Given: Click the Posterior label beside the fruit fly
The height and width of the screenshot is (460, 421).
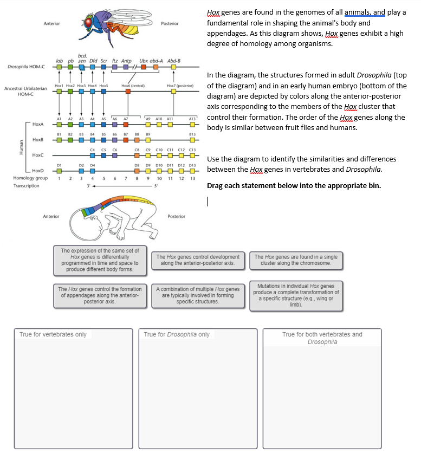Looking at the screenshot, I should pos(170,24).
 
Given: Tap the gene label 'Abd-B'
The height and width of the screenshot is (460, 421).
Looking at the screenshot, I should pos(174,61).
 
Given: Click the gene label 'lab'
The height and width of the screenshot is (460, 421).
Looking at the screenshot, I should pos(60,61).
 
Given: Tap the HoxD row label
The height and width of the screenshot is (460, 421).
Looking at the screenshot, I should pos(38,171).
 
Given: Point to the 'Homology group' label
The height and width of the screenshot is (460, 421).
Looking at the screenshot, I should pos(30,178).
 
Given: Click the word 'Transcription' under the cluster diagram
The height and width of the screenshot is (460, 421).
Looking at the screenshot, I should pos(27,186).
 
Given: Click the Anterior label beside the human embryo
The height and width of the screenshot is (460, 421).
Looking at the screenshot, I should pos(51,216).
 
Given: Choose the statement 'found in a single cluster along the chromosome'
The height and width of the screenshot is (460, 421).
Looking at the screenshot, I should pos(296,260).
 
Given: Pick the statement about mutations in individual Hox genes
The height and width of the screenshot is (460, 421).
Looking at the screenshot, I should pos(296,295).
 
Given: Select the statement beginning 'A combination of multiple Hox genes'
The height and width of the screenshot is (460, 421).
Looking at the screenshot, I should pos(198,295).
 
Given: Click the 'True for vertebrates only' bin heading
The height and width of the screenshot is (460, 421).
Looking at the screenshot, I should pos(53,334).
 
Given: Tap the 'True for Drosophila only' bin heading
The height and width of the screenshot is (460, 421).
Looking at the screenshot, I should pos(177,334).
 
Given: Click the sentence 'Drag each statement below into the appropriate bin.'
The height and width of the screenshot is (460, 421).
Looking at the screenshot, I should pos(294,186).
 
